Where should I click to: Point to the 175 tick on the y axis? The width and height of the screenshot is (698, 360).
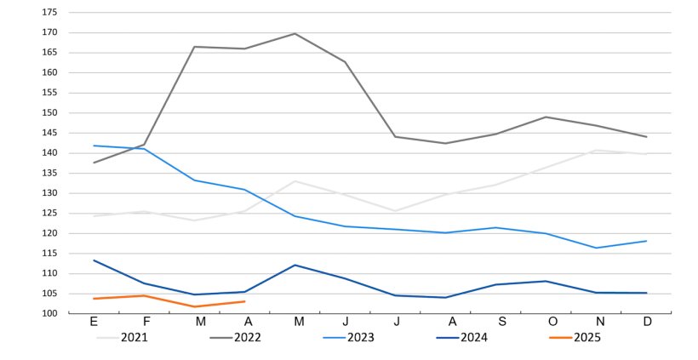[x=49, y=13]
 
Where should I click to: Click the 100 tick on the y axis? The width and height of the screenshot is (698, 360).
[x=49, y=314]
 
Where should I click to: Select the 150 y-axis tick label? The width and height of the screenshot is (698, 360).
[x=49, y=113]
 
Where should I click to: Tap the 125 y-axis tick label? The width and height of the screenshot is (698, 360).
[x=49, y=214]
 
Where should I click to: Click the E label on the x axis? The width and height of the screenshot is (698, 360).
[x=94, y=322]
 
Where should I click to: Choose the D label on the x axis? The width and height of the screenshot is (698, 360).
[x=647, y=322]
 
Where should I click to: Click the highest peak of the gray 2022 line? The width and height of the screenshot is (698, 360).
[x=295, y=33]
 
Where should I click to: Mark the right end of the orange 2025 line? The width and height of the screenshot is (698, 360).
[x=245, y=301]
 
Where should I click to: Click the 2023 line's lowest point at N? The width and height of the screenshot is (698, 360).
[x=597, y=248]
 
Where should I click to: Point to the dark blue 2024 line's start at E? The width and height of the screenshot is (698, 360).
[x=94, y=260]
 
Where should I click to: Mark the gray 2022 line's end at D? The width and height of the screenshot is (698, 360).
[x=647, y=137]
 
